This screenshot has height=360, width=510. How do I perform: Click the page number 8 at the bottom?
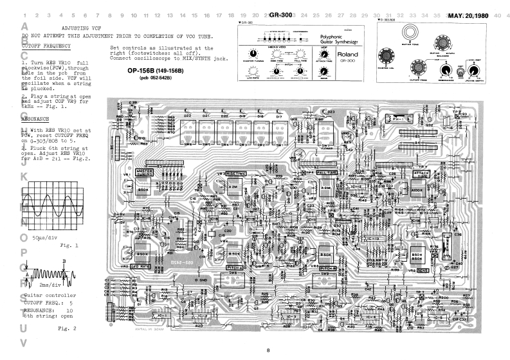click(268, 350)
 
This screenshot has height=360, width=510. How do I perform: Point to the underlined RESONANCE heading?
click(35, 119)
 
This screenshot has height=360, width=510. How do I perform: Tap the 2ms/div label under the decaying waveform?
click(49, 283)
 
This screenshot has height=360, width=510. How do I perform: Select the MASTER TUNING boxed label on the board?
click(143, 172)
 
